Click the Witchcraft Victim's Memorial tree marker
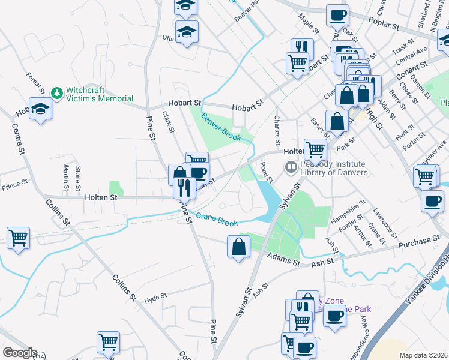click(57, 94)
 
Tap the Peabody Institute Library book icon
click(291, 166)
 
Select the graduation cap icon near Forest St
click(40, 109)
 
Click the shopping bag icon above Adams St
click(238, 246)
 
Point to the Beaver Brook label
click(221, 127)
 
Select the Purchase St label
click(420, 241)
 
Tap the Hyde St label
click(155, 296)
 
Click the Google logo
click(19, 353)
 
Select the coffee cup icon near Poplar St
click(337, 15)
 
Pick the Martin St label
click(66, 175)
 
